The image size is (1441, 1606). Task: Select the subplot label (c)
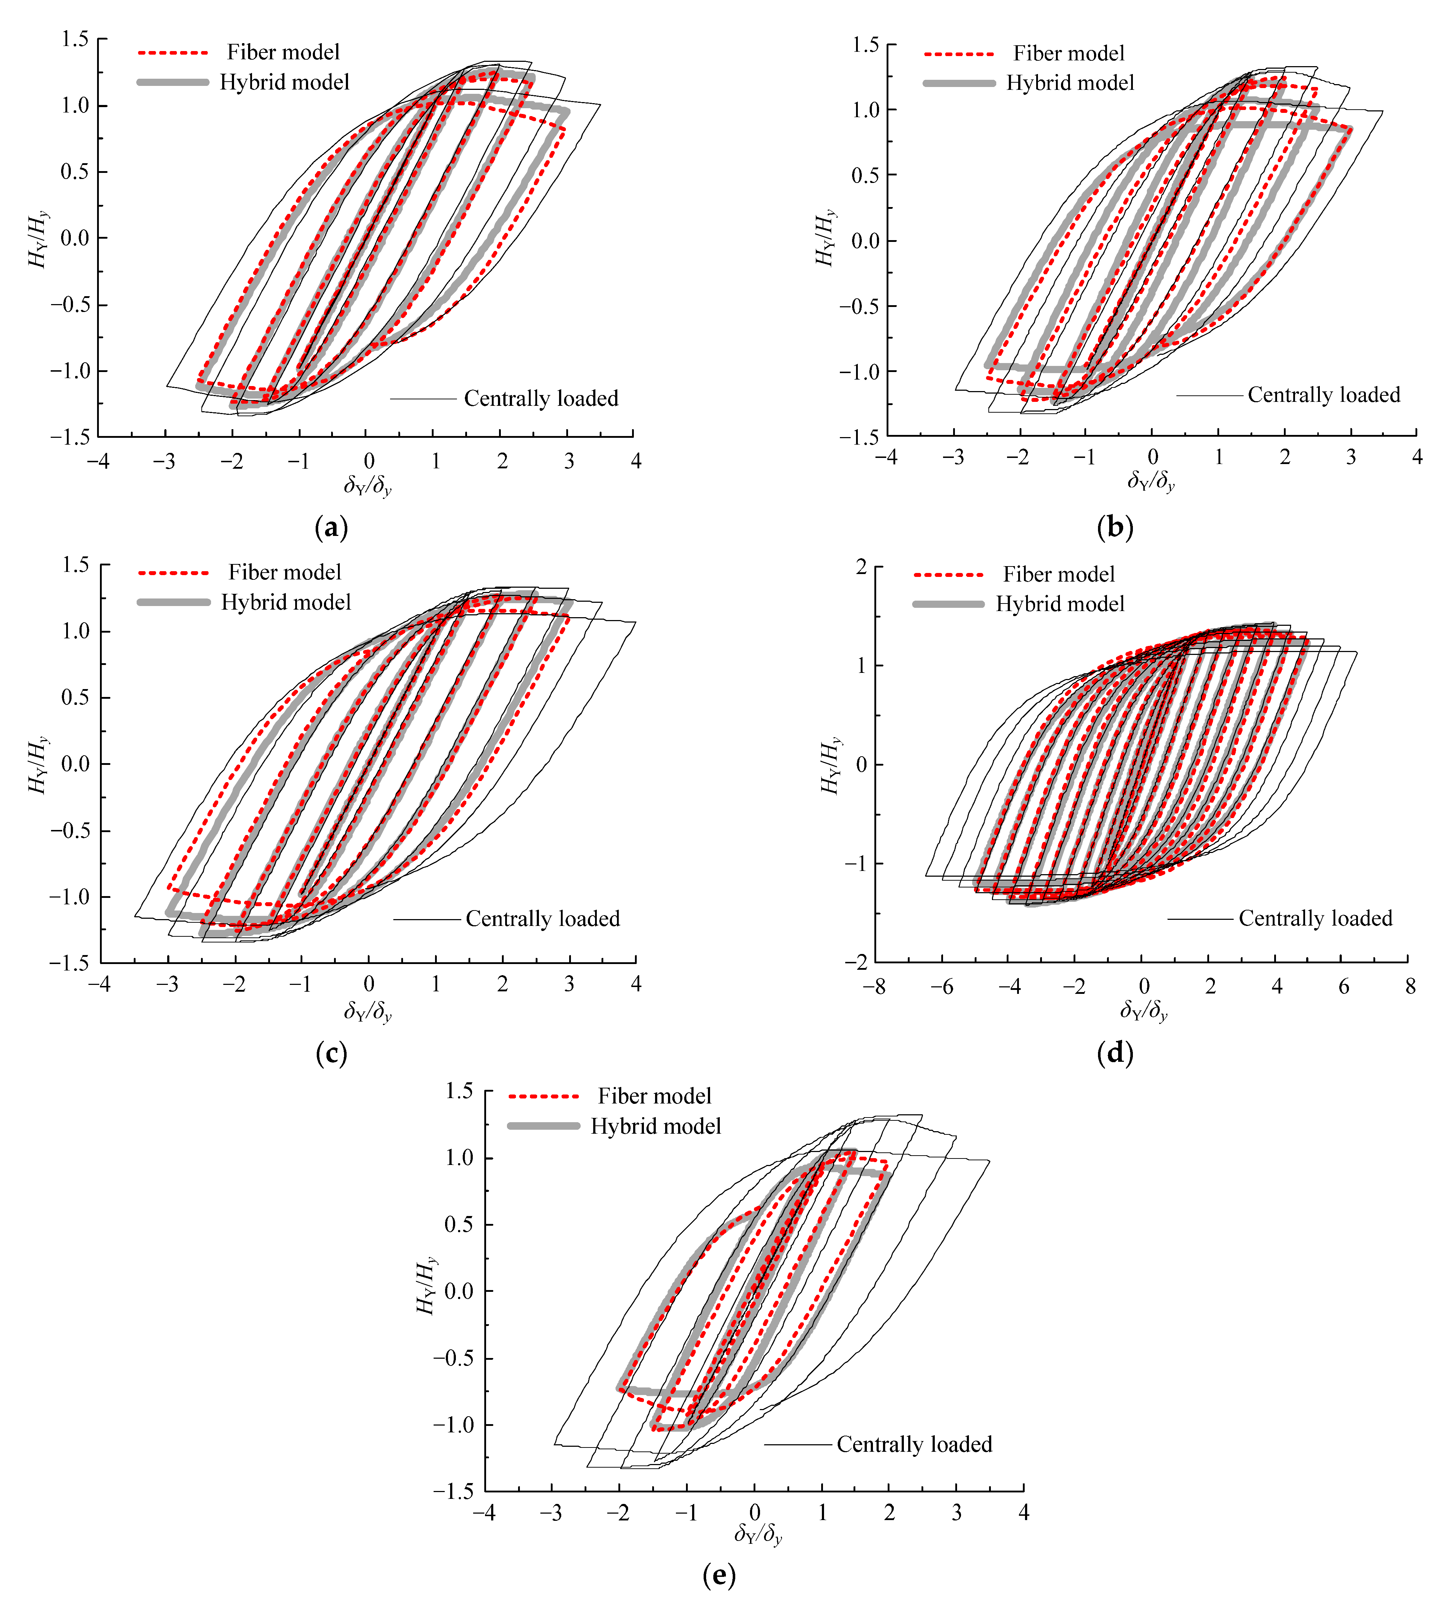coord(331,1053)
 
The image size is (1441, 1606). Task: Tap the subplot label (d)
coord(1115,1053)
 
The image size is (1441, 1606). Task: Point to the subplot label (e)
coord(719,1575)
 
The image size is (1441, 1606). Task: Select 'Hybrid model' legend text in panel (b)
coord(1070,83)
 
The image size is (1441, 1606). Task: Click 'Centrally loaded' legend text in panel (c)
coord(543,919)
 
